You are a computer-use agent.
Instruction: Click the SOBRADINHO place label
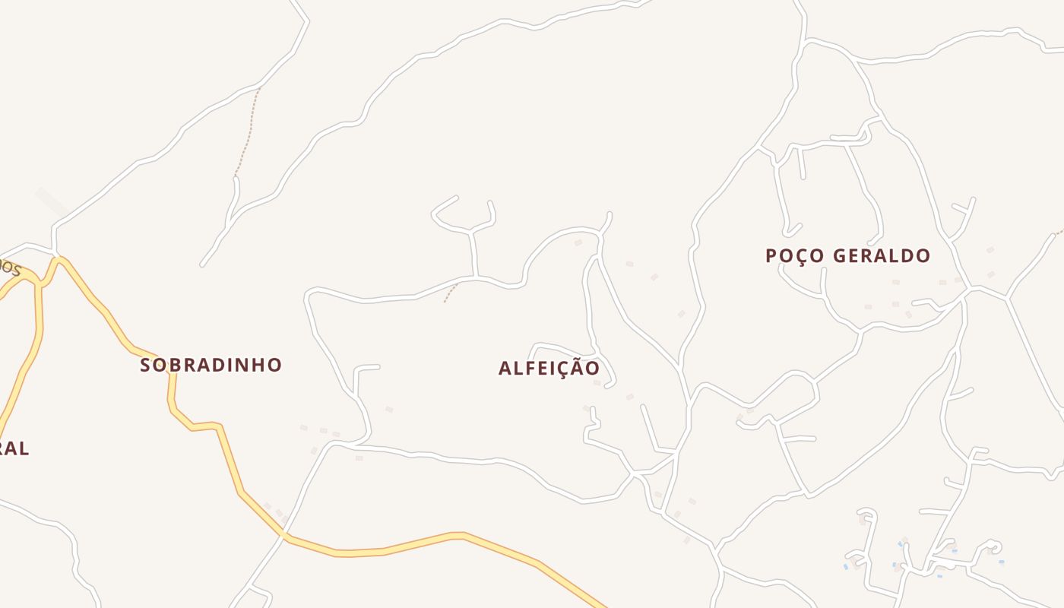(x=211, y=365)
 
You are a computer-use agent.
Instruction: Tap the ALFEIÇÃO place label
(x=549, y=368)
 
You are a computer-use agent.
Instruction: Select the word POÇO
(x=795, y=255)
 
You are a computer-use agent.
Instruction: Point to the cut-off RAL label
(x=14, y=448)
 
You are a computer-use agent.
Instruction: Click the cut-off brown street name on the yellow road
(x=9, y=266)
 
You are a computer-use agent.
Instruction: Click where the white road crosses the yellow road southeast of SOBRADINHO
(x=285, y=534)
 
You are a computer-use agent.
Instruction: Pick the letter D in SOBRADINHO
(x=213, y=365)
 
